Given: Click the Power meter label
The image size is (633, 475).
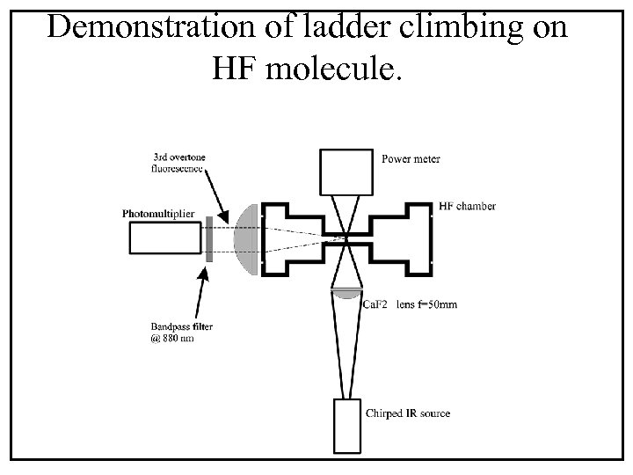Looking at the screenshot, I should pos(411,159).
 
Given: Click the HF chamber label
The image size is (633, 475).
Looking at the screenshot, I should pos(466,207).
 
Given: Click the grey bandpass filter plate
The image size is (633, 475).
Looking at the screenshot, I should pos(209,238).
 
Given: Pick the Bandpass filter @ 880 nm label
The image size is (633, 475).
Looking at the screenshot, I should pos(181,333).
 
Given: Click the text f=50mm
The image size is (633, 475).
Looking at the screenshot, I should pos(435,305).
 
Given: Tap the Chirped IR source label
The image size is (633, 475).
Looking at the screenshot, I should pos(407,413).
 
